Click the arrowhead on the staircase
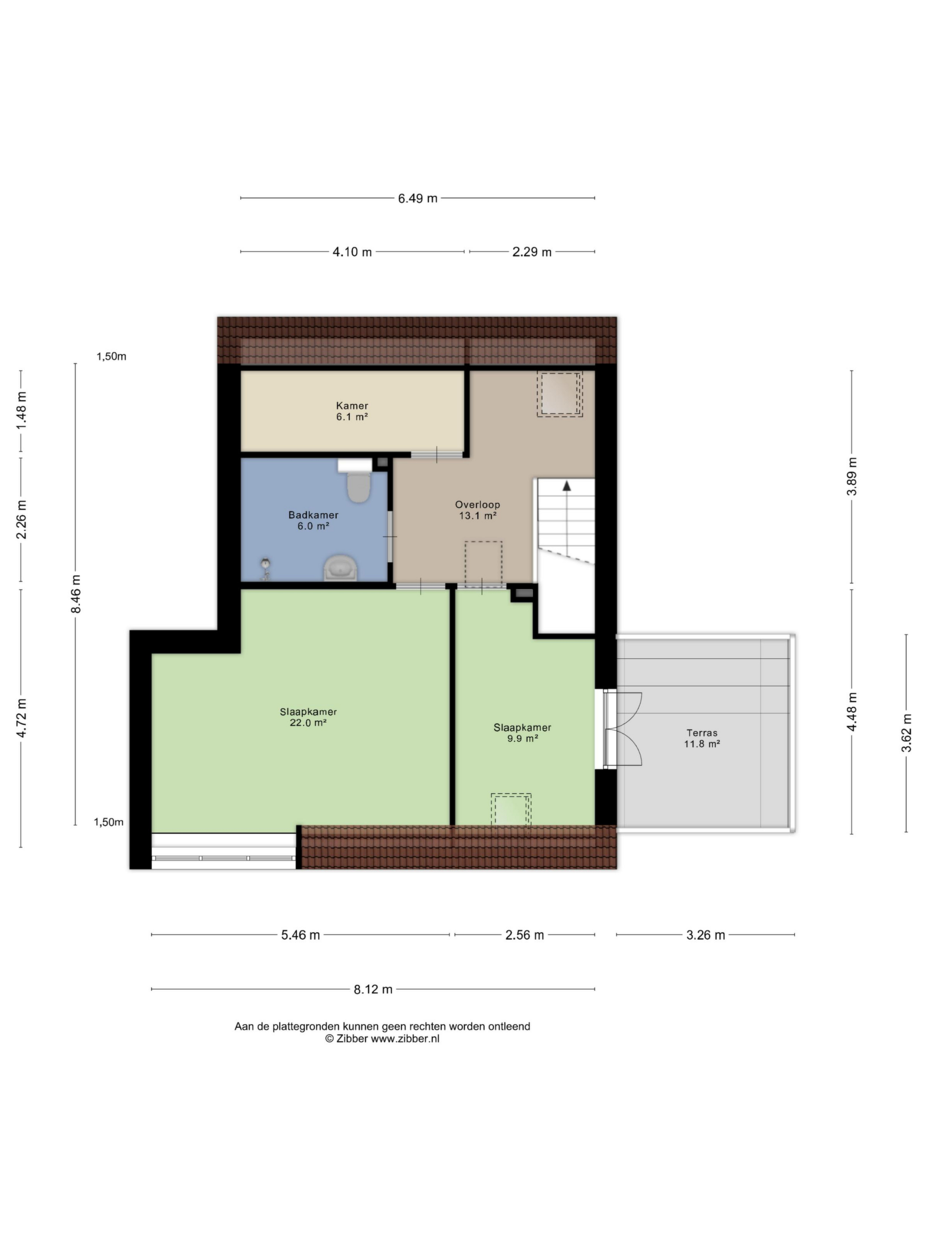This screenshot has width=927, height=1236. click(x=567, y=486)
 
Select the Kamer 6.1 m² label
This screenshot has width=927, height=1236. click(x=352, y=411)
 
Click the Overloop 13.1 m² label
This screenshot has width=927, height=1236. click(x=477, y=509)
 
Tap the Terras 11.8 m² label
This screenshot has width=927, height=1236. click(x=702, y=738)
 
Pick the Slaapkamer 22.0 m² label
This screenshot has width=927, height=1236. click(x=309, y=717)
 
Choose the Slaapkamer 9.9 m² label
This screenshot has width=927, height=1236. click(x=522, y=732)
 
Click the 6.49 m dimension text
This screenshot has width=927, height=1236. click(x=418, y=198)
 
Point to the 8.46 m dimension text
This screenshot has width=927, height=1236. click(x=76, y=594)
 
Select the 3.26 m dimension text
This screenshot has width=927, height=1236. click(x=706, y=935)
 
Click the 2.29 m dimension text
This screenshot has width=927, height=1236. click(x=532, y=252)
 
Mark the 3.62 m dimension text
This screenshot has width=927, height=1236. click(x=906, y=732)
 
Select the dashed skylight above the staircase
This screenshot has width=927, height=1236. click(x=559, y=394)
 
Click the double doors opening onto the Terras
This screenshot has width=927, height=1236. click(x=622, y=729)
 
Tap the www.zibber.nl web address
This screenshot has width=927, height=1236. click(x=405, y=1039)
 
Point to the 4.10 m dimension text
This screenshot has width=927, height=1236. click(x=352, y=252)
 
